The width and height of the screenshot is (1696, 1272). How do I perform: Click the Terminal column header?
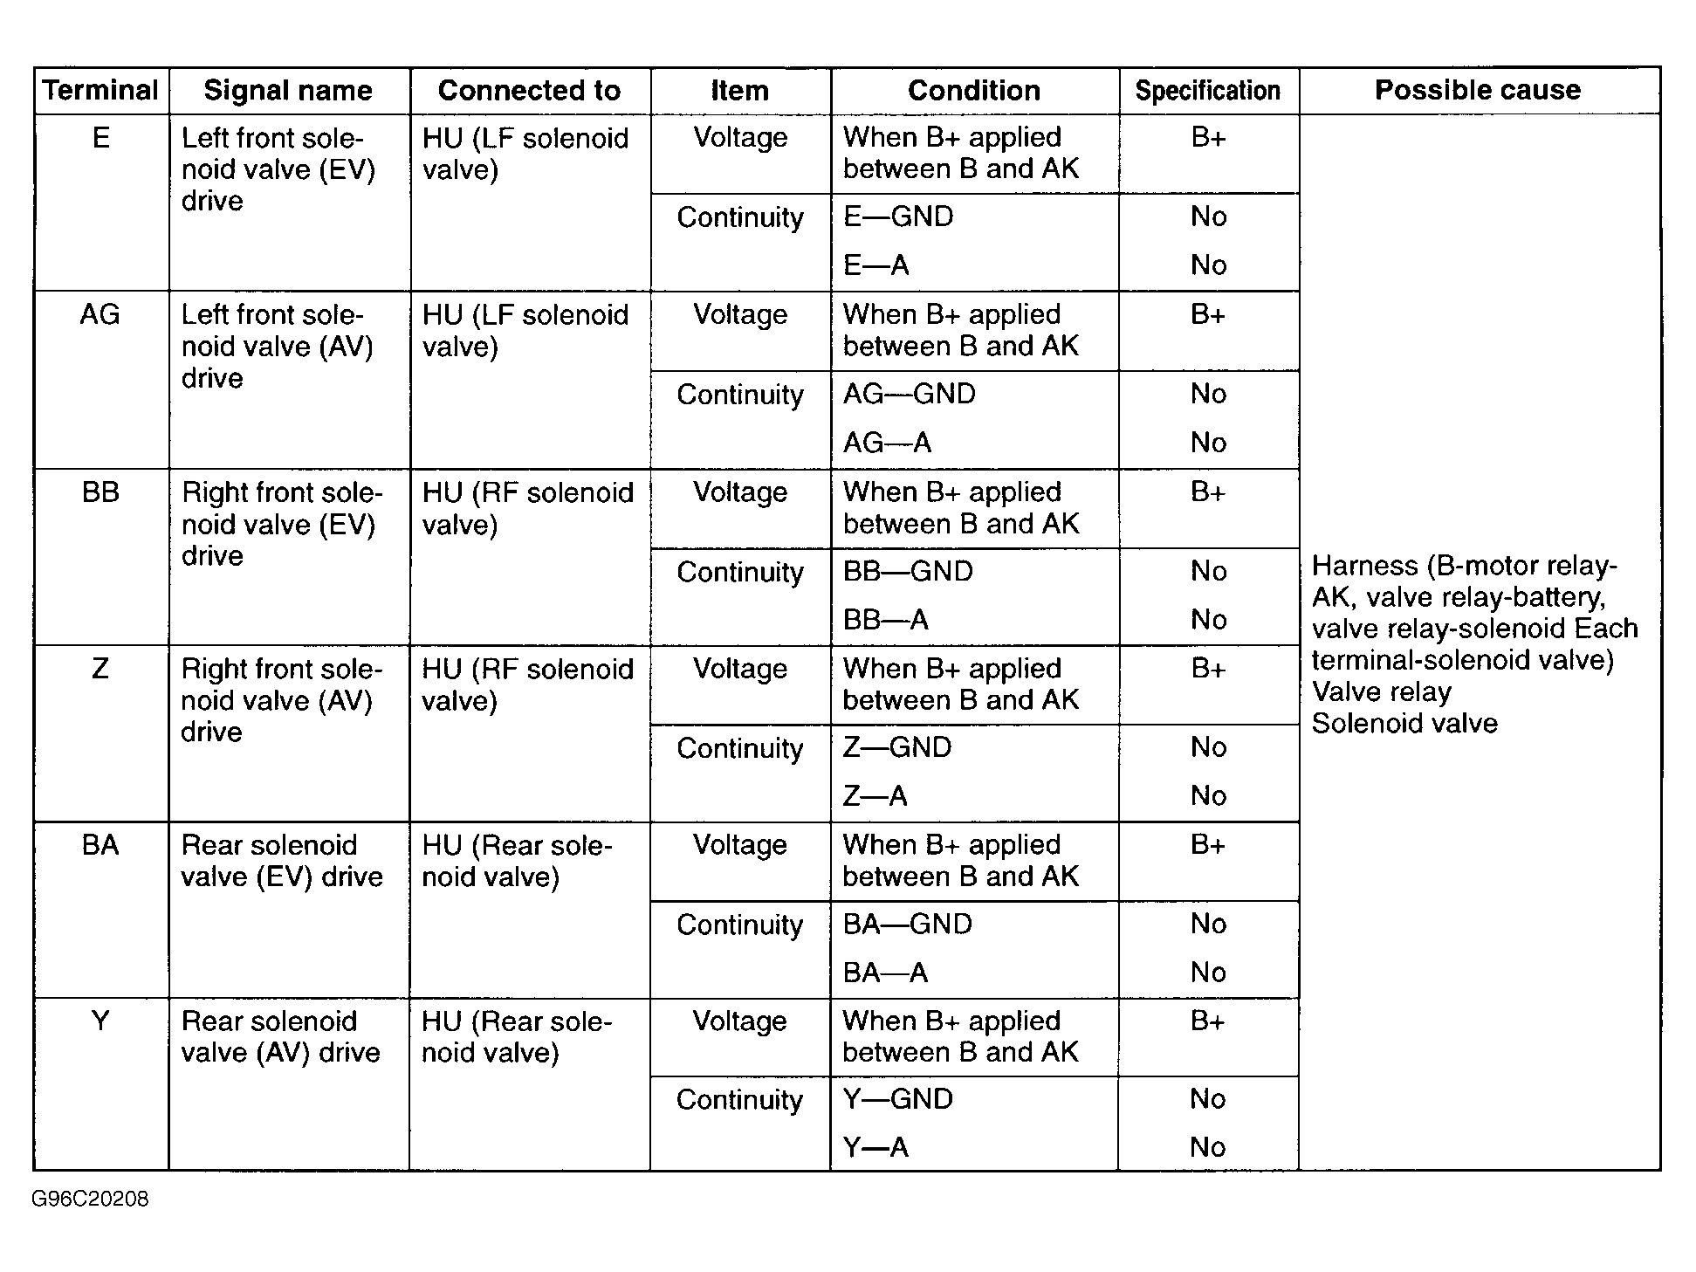[100, 90]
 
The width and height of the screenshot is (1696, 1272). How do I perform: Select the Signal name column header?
[288, 90]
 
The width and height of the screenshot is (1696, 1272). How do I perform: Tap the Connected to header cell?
[529, 90]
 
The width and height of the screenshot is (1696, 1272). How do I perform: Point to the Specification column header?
[1207, 90]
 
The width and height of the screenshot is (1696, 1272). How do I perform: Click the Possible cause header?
[1478, 90]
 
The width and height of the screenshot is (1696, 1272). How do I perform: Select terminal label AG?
[100, 314]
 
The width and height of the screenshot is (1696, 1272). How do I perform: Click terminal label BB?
[100, 492]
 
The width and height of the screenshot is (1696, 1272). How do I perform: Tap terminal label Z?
[100, 669]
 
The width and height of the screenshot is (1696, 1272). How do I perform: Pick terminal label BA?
[100, 845]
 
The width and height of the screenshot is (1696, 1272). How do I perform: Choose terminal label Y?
[100, 1021]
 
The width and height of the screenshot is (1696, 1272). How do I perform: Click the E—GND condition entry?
[898, 217]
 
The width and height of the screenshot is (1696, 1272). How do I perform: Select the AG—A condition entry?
[887, 443]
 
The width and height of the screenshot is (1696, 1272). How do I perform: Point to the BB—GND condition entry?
[908, 571]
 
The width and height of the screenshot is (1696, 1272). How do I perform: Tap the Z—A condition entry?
[875, 795]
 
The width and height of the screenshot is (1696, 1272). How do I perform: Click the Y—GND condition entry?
[897, 1098]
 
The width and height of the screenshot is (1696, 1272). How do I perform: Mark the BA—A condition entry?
[885, 972]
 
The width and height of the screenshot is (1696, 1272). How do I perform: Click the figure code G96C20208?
[90, 1199]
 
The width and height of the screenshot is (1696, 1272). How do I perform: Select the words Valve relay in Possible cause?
[1381, 691]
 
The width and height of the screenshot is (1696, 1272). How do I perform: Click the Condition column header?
[974, 90]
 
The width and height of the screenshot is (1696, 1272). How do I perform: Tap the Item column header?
[739, 90]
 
